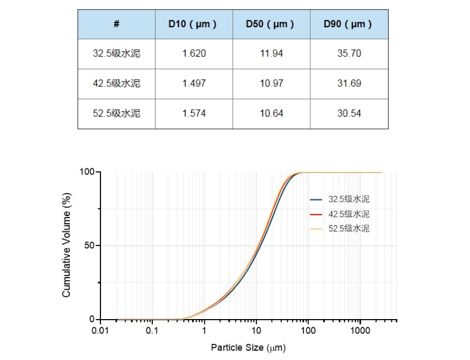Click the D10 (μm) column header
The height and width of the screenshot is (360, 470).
coord(194,24)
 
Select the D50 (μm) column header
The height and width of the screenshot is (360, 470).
coord(271,24)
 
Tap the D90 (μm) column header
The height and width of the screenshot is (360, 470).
coord(349,24)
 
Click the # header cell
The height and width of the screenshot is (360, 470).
coord(116,24)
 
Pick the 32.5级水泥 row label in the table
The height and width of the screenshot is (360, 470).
coord(116,53)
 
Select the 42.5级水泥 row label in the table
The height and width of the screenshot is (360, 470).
coord(116,83)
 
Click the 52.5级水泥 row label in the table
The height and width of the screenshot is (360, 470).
coord(116,113)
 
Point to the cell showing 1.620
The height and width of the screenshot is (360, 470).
coord(194,53)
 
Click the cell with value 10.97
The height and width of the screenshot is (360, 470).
coord(271,83)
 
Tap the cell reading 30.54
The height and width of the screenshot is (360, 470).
coord(349,113)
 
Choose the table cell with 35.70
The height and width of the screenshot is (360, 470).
coord(349,53)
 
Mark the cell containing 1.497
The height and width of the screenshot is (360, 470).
coord(194,83)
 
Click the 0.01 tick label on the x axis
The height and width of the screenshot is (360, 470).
coord(100,331)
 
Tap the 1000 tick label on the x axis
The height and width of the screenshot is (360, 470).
coord(360,331)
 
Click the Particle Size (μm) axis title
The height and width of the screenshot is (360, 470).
coord(248,347)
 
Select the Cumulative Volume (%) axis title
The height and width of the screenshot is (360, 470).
coord(67,245)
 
